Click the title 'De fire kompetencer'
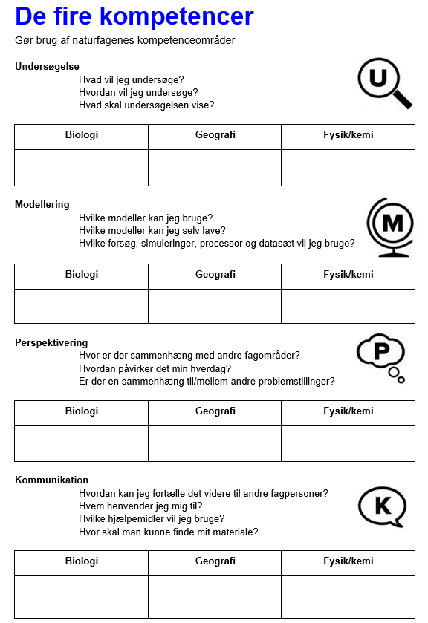[134, 16]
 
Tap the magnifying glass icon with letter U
[382, 81]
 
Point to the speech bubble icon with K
[382, 506]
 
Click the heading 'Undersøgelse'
[47, 67]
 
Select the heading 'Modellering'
[42, 205]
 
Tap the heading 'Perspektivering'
[51, 343]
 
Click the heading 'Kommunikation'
[51, 480]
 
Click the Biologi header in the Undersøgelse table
[81, 135]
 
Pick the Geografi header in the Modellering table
[215, 275]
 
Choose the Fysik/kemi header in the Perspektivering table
[348, 411]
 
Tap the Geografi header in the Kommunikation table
[215, 561]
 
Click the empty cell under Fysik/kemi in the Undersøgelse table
[348, 167]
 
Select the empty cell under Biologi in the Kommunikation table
[81, 596]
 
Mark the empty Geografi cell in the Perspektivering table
[215, 443]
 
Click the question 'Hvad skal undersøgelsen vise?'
[146, 105]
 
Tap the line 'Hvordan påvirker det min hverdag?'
[155, 368]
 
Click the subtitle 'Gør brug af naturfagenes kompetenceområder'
[125, 40]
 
